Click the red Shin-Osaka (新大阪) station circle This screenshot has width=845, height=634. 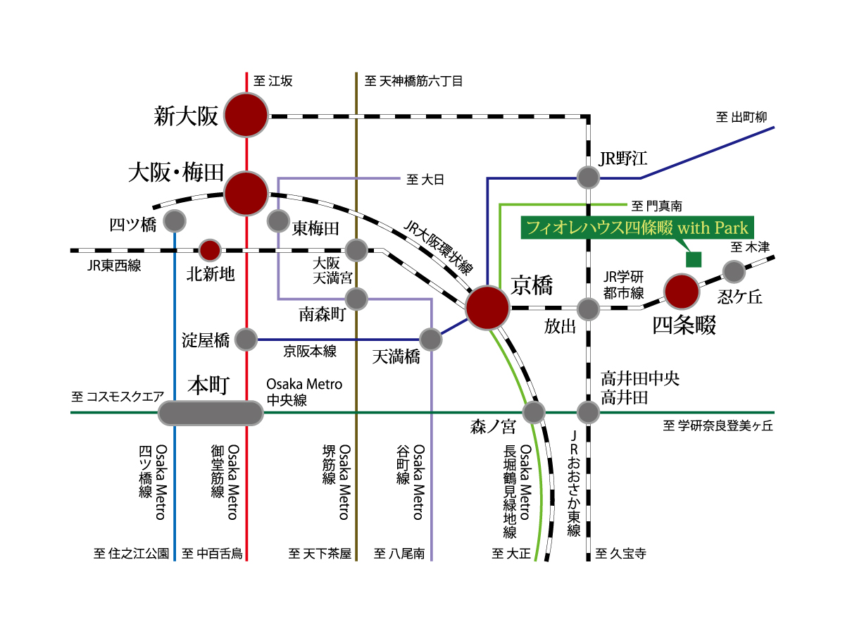[x=246, y=116]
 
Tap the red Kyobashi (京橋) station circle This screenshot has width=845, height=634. [x=488, y=308]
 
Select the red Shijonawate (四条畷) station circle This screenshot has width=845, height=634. [x=682, y=291]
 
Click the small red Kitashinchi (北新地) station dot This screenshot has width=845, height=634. [x=210, y=249]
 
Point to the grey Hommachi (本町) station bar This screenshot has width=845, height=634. [x=210, y=413]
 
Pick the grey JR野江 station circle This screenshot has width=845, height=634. [x=587, y=178]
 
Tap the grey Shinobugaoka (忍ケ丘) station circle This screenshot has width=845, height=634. [x=734, y=271]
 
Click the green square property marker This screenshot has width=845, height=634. [x=694, y=259]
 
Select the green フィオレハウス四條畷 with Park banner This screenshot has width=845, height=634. [x=637, y=228]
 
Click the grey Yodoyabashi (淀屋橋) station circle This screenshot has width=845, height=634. [x=246, y=340]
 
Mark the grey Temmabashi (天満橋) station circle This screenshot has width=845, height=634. [x=430, y=340]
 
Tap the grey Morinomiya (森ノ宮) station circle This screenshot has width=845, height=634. [x=534, y=411]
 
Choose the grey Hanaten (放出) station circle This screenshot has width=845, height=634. [x=587, y=309]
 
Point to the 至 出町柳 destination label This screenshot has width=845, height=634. [x=741, y=117]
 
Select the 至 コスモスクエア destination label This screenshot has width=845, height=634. [x=118, y=397]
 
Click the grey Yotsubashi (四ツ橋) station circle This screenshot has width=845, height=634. [x=175, y=222]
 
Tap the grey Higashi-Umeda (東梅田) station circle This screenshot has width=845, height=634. [x=278, y=222]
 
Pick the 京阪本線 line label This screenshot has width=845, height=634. [x=310, y=351]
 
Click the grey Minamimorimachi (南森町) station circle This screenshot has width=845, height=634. [x=357, y=299]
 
